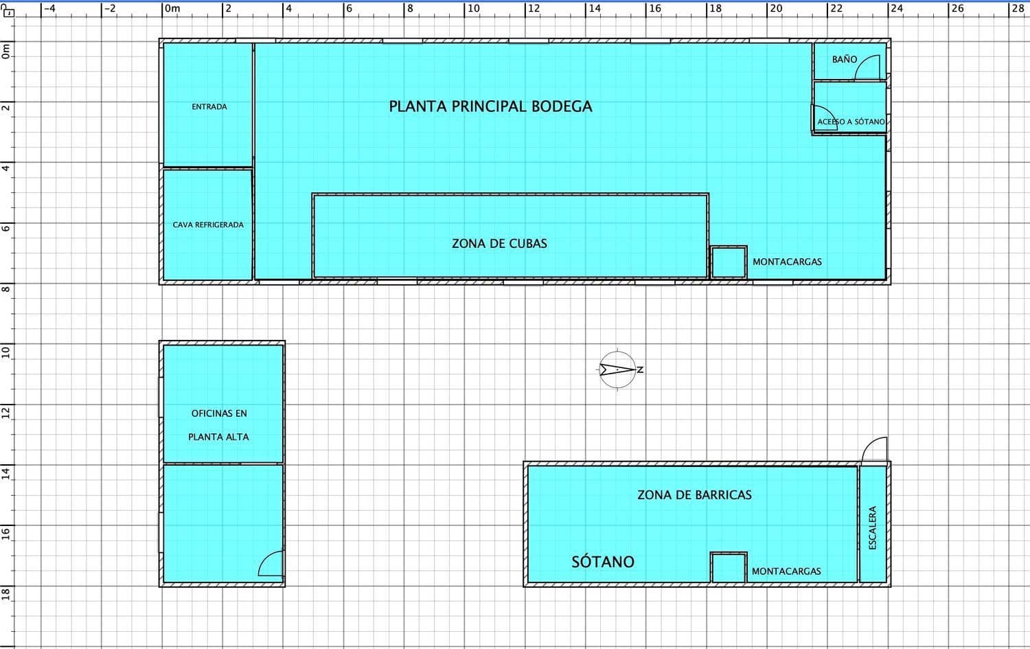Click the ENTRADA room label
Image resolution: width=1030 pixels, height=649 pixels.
(209, 106)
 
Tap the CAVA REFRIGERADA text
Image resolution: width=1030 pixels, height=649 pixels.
(208, 225)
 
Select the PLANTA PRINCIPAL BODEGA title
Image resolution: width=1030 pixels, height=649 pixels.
(490, 106)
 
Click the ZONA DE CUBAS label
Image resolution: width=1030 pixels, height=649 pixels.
(499, 243)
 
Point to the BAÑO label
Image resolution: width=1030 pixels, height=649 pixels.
(844, 59)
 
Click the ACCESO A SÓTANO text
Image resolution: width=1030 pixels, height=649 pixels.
(851, 122)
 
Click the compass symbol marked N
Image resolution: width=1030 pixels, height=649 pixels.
(617, 369)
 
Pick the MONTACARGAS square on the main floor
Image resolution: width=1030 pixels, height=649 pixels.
(729, 262)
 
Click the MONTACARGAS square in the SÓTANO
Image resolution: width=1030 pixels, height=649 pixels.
(729, 567)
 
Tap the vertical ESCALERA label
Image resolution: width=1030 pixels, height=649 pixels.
(873, 527)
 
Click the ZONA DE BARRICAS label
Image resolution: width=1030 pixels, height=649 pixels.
(694, 494)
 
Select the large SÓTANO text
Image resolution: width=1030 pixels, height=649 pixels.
(603, 562)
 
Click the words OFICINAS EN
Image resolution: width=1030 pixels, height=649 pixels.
(219, 413)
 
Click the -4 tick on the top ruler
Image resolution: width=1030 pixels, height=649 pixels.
(49, 8)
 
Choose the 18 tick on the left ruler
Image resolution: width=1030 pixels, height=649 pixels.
(6, 593)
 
